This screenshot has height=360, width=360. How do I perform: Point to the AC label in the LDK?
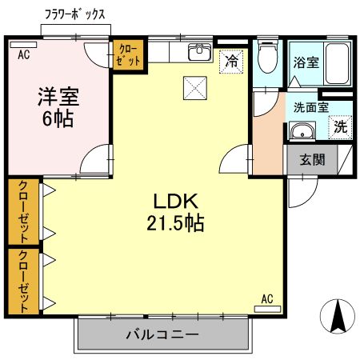[267, 299]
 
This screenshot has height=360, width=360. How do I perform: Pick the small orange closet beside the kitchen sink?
[128, 55]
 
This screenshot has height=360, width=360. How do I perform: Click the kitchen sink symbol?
[198, 54]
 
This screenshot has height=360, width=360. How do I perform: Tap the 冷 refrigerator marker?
[231, 60]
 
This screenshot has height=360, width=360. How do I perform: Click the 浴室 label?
[306, 62]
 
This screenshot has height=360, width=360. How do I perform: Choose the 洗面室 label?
[310, 107]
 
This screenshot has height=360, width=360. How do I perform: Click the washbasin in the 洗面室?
[302, 132]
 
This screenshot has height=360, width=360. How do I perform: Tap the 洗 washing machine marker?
[340, 126]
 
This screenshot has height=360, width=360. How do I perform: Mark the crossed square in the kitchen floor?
[194, 86]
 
